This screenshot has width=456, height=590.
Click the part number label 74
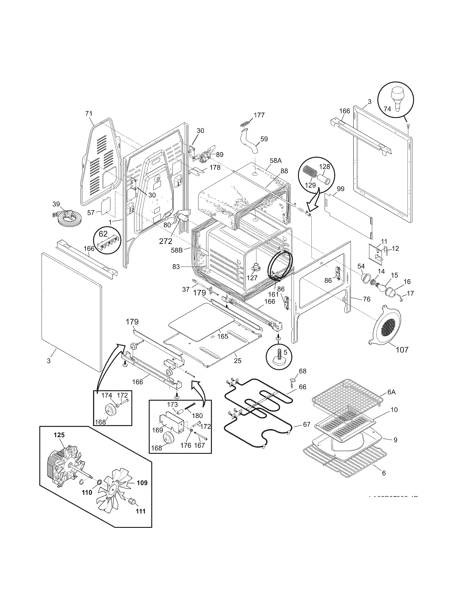point(387,109)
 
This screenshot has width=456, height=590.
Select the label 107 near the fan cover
point(402,350)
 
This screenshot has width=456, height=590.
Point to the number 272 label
point(166,241)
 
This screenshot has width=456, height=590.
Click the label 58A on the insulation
point(275,161)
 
